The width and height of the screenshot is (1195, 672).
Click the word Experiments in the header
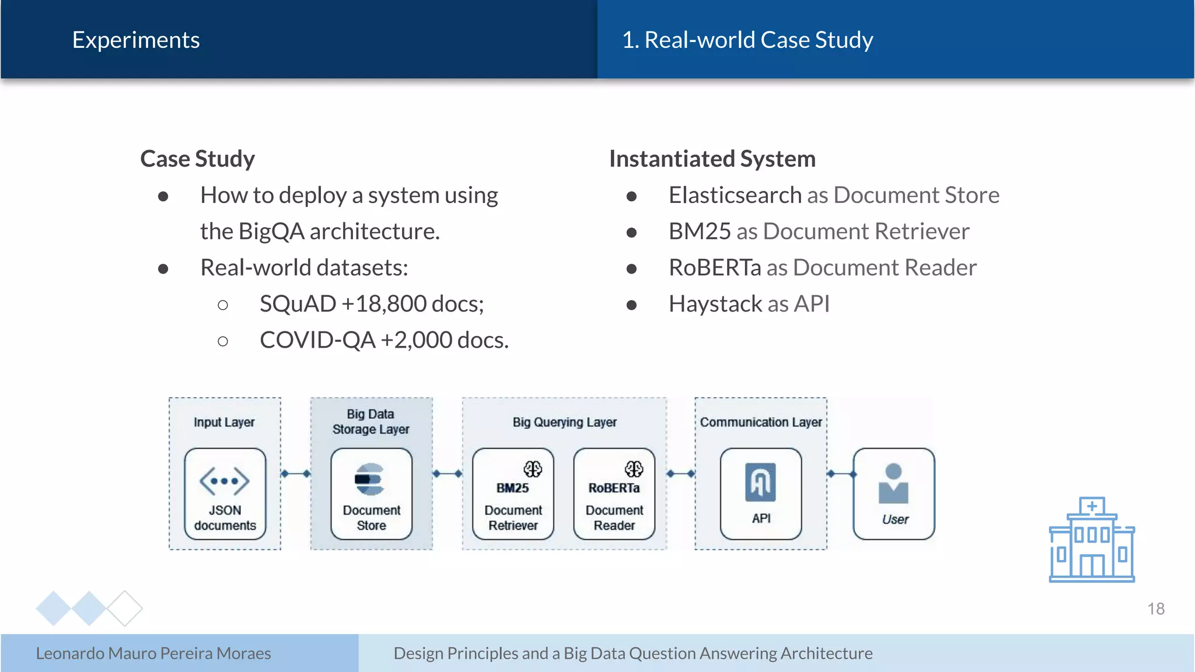[135, 40]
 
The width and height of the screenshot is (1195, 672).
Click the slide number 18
[1155, 609]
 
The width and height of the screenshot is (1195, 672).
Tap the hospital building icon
[1092, 540]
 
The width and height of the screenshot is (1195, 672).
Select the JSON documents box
[225, 494]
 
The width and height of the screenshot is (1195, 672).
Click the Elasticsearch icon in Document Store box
[370, 480]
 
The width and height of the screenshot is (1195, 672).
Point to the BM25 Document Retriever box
[513, 494]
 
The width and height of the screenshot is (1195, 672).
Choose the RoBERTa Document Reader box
[614, 494]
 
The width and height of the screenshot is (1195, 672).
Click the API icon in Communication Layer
[760, 482]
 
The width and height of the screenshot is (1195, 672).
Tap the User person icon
[893, 484]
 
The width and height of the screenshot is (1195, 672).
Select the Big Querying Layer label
[564, 422]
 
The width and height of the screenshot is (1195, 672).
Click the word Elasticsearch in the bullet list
[735, 195]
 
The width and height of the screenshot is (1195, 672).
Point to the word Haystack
[715, 304]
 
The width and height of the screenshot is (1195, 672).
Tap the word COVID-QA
[317, 340]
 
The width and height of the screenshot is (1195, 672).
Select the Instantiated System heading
[712, 159]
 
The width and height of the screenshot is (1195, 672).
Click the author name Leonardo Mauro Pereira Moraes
[153, 653]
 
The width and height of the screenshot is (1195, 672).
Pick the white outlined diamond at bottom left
[125, 608]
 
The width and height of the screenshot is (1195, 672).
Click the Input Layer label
[224, 422]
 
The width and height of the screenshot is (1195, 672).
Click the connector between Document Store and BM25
[448, 474]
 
